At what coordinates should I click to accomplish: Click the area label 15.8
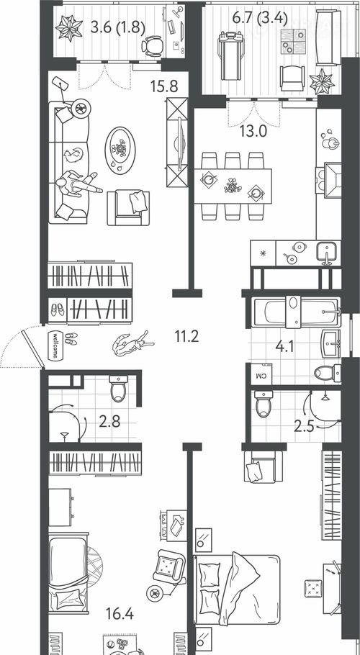(x=165, y=86)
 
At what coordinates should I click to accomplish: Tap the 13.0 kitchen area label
(x=253, y=131)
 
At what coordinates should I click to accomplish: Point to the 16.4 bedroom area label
(x=120, y=614)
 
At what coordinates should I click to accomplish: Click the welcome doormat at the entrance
(x=54, y=345)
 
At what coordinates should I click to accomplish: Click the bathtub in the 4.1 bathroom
(x=296, y=312)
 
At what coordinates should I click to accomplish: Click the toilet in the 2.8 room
(x=118, y=388)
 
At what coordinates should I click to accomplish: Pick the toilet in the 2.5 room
(x=264, y=404)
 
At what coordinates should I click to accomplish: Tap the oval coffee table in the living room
(x=120, y=149)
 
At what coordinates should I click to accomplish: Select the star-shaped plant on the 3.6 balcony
(x=69, y=28)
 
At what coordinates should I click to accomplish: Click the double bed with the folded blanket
(x=236, y=589)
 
